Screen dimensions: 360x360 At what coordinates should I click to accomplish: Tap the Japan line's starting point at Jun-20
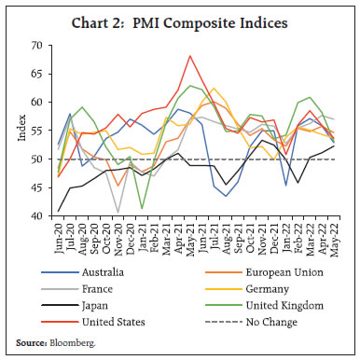[x=59, y=211]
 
